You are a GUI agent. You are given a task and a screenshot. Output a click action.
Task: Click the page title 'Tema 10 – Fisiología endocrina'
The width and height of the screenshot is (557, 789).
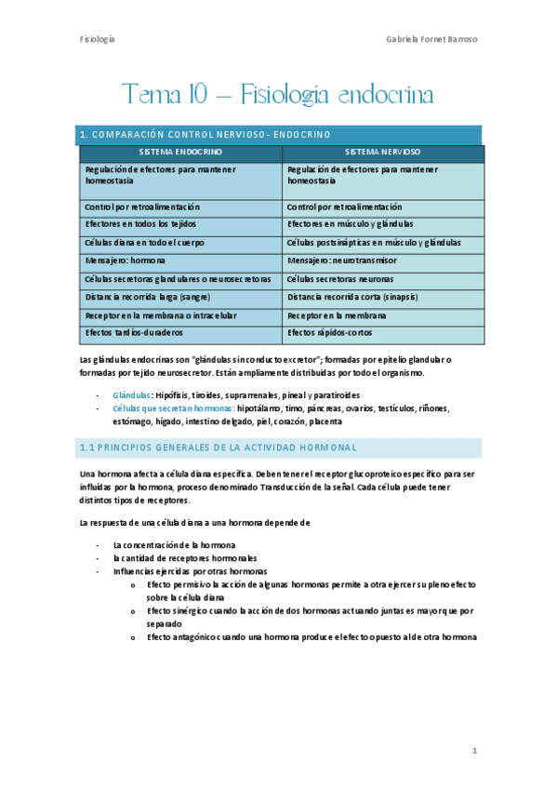278,94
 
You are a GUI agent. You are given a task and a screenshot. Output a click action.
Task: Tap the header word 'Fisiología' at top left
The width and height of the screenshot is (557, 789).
97,39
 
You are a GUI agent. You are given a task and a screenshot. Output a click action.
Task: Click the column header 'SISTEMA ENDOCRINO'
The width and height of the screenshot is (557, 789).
180,151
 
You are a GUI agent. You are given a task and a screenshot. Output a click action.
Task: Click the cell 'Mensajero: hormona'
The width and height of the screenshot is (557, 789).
126,261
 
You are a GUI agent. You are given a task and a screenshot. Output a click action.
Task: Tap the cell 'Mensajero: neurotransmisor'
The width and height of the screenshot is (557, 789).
341,261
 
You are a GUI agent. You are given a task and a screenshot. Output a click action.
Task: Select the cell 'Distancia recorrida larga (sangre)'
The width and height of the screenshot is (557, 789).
148,297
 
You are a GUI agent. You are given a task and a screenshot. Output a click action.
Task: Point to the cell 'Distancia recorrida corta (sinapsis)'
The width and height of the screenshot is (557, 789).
352,297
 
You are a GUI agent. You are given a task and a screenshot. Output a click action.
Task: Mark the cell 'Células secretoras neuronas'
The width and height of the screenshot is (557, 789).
340,278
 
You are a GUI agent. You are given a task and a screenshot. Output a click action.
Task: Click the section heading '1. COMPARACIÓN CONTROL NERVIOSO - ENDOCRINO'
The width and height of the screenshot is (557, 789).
205,135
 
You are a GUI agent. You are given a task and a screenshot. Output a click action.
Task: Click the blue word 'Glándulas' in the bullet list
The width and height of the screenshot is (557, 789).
131,394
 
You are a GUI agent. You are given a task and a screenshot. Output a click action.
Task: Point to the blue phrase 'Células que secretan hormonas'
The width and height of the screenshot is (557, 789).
172,408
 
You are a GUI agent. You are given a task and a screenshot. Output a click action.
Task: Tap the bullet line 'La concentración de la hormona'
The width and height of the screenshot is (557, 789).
174,544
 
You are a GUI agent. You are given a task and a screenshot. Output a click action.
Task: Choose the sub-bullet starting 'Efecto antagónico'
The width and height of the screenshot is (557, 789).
312,637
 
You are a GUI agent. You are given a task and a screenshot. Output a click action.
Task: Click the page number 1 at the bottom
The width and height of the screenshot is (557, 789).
474,749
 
